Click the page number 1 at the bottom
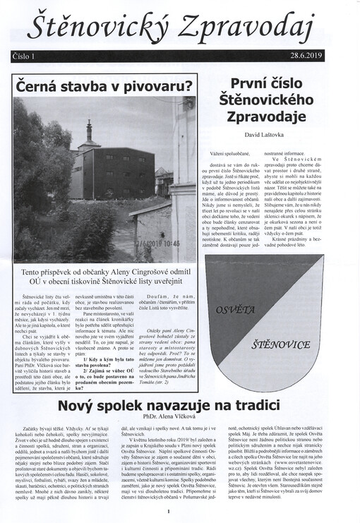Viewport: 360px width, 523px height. point(168,511)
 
